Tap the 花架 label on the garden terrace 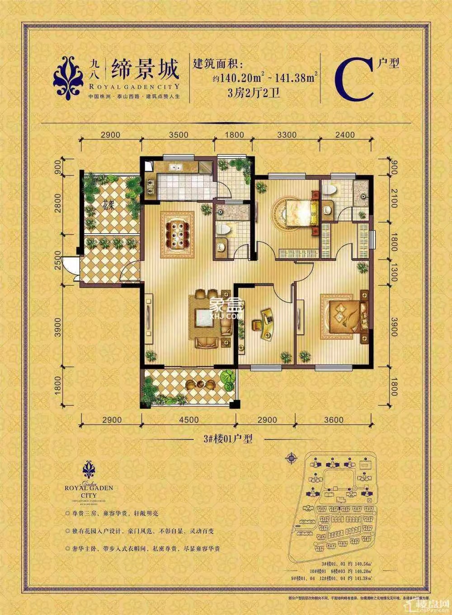click(x=107, y=204)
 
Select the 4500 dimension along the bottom click(x=188, y=420)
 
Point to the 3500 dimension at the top click(x=178, y=135)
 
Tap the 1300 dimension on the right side click(x=393, y=272)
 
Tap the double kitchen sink click(x=174, y=168)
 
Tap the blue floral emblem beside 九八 click(x=68, y=77)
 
